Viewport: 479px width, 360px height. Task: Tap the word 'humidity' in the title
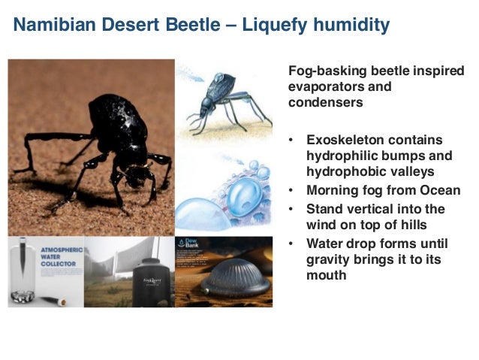pyautogui.click(x=349, y=25)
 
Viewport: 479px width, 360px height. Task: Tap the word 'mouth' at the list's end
pyautogui.click(x=327, y=276)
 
